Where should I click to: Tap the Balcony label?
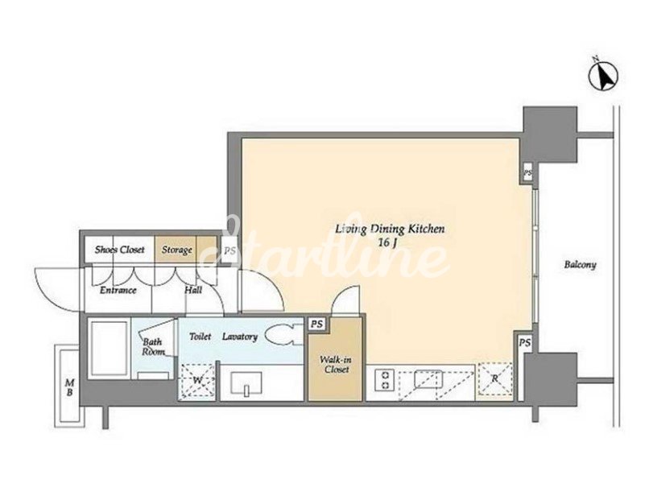[580, 265]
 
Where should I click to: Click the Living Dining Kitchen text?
[390, 229]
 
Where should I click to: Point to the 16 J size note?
[388, 243]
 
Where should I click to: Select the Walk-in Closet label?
[336, 365]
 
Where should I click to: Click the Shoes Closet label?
[120, 250]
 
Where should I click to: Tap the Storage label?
[176, 250]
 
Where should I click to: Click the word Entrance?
[118, 290]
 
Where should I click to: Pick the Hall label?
[193, 290]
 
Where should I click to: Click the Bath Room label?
[153, 347]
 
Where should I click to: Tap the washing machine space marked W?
[198, 381]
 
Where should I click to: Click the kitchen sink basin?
[429, 379]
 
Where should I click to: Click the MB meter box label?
[69, 387]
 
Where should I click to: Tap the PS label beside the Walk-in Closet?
[317, 324]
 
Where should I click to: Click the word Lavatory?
[240, 337]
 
